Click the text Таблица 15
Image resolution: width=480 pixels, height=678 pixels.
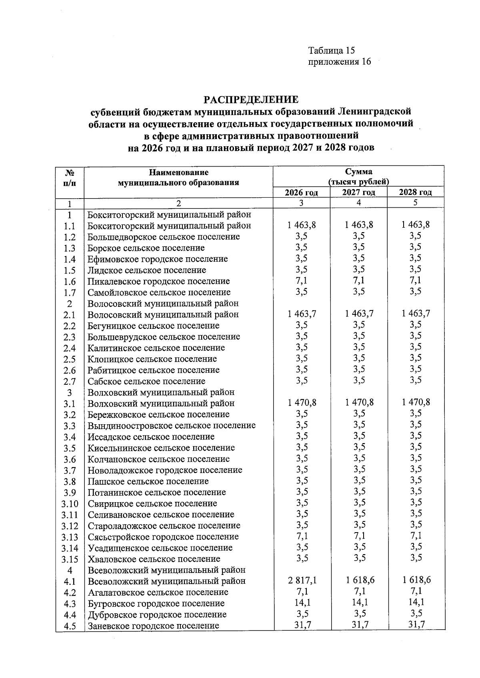332,50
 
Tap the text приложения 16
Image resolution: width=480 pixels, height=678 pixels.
339,62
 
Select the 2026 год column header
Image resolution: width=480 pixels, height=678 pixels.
301,193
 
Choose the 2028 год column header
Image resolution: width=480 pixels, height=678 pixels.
416,192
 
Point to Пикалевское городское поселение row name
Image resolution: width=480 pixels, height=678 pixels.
159,281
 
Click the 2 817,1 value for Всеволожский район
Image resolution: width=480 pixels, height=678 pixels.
302,580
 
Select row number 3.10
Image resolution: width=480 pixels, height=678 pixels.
70,504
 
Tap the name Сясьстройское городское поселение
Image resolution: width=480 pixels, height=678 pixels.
163,537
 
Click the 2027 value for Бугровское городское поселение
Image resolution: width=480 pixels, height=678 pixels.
359,602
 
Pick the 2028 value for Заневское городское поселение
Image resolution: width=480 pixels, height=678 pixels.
416,624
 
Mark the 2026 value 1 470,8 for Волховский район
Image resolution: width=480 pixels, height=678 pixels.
302,403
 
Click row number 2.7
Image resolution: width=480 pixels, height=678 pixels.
70,382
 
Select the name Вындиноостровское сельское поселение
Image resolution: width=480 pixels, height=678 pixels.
172,425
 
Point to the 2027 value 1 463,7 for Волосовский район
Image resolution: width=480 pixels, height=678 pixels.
359,314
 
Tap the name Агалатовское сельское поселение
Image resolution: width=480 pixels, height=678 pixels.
158,592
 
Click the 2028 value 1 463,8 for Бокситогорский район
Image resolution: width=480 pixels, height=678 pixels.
416,225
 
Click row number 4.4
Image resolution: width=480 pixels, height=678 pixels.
70,615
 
